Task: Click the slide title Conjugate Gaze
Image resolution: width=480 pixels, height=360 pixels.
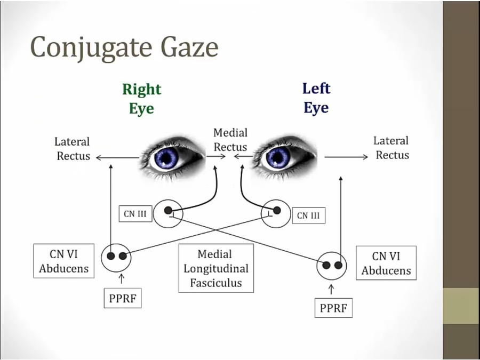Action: pyautogui.click(x=124, y=47)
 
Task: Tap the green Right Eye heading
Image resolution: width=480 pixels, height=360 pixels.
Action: pyautogui.click(x=141, y=99)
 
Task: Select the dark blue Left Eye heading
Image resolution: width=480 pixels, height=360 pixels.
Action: pyautogui.click(x=316, y=98)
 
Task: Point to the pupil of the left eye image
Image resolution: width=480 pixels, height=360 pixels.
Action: pyautogui.click(x=278, y=157)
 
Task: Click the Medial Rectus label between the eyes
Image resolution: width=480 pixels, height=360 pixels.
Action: pyautogui.click(x=230, y=140)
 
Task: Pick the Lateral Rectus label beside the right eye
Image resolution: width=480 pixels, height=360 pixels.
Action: pyautogui.click(x=73, y=149)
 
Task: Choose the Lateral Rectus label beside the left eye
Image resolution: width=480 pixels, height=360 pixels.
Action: pyautogui.click(x=391, y=148)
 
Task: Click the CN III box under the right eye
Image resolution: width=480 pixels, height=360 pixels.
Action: pyautogui.click(x=136, y=214)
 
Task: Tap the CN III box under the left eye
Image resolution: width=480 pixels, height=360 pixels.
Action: pyautogui.click(x=309, y=215)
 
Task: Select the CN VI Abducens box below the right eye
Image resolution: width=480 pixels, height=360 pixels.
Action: pyautogui.click(x=64, y=261)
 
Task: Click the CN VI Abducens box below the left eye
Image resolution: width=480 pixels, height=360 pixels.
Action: pyautogui.click(x=386, y=263)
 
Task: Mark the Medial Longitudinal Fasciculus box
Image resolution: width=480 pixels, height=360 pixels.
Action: pyautogui.click(x=216, y=268)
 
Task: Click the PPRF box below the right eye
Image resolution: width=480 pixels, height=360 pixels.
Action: pyautogui.click(x=123, y=299)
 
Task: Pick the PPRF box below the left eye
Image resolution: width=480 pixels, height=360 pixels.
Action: pyautogui.click(x=333, y=308)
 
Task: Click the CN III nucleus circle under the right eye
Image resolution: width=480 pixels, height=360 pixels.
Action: pyautogui.click(x=168, y=213)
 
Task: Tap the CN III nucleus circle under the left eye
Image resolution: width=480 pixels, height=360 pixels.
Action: pyautogui.click(x=276, y=214)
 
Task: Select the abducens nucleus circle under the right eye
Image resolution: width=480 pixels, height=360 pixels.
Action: pyautogui.click(x=116, y=257)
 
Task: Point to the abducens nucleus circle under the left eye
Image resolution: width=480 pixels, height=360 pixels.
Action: pyautogui.click(x=332, y=266)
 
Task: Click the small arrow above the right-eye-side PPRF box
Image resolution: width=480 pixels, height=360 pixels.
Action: pyautogui.click(x=122, y=278)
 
